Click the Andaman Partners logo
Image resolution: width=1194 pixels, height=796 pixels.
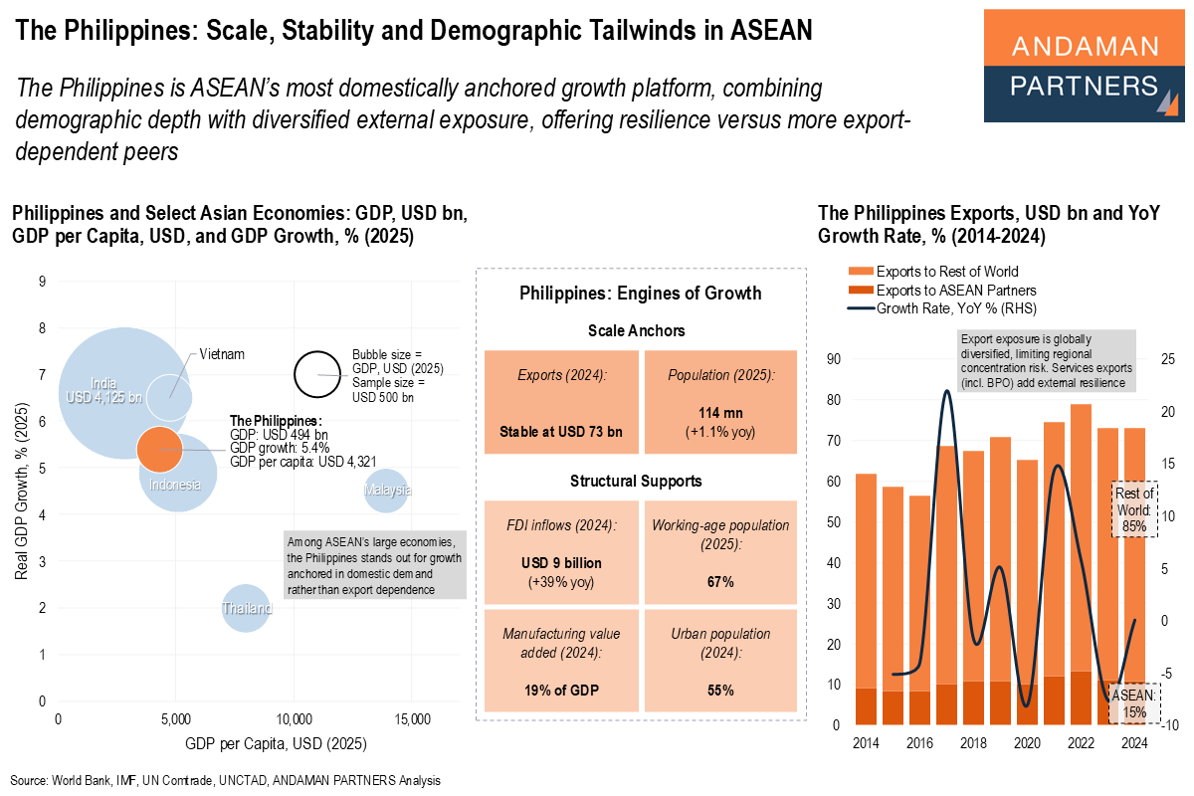(1085, 67)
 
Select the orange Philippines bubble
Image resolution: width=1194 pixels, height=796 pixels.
(159, 449)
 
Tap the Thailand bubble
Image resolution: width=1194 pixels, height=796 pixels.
(246, 607)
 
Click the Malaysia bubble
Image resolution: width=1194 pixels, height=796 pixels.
(387, 490)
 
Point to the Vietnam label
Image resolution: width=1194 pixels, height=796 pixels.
(221, 354)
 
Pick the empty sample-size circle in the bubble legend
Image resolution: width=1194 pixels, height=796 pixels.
(318, 375)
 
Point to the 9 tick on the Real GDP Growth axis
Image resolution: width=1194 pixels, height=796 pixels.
(42, 282)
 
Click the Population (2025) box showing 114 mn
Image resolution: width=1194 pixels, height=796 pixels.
(720, 402)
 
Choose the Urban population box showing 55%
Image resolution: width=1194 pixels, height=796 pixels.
(720, 661)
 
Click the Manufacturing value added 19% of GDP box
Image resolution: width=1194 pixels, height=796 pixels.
(561, 661)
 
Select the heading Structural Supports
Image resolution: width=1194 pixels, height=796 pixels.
(637, 481)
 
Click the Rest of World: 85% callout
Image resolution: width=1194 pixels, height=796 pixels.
(1133, 510)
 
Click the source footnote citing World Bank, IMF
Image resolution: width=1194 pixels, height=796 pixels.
(225, 781)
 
